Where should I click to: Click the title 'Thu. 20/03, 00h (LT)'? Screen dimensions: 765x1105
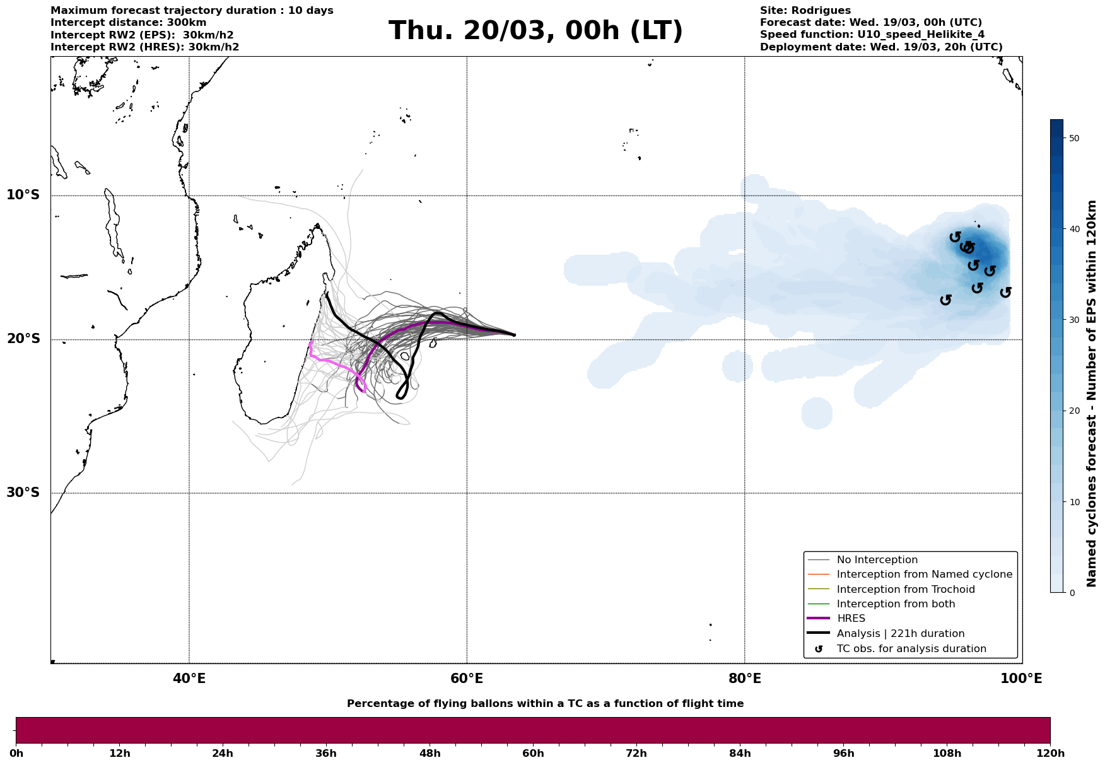click(535, 31)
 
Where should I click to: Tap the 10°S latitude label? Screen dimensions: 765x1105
click(23, 195)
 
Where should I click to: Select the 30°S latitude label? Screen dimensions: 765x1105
click(23, 493)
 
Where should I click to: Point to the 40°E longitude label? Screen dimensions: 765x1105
click(189, 679)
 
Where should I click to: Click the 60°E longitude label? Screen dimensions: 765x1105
click(467, 679)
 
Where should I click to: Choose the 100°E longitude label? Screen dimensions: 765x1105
click(1021, 679)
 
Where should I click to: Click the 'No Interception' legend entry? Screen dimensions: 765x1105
click(877, 560)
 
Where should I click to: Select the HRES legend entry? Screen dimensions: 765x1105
click(851, 619)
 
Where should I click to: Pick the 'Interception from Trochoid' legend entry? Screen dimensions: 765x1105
click(905, 590)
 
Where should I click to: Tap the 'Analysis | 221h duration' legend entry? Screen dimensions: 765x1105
click(900, 634)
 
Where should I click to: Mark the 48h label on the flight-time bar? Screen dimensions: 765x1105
click(430, 754)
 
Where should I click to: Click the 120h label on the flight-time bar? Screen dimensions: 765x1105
click(1049, 754)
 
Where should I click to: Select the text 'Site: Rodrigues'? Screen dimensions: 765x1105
click(805, 11)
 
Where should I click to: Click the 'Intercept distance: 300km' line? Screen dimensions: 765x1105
click(128, 23)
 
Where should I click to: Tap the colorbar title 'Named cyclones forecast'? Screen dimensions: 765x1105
click(1092, 394)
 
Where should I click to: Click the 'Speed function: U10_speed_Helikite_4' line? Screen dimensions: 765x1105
click(872, 35)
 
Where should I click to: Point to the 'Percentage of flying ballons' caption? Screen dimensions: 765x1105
click(545, 704)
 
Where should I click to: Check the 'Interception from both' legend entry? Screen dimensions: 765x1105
click(896, 604)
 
